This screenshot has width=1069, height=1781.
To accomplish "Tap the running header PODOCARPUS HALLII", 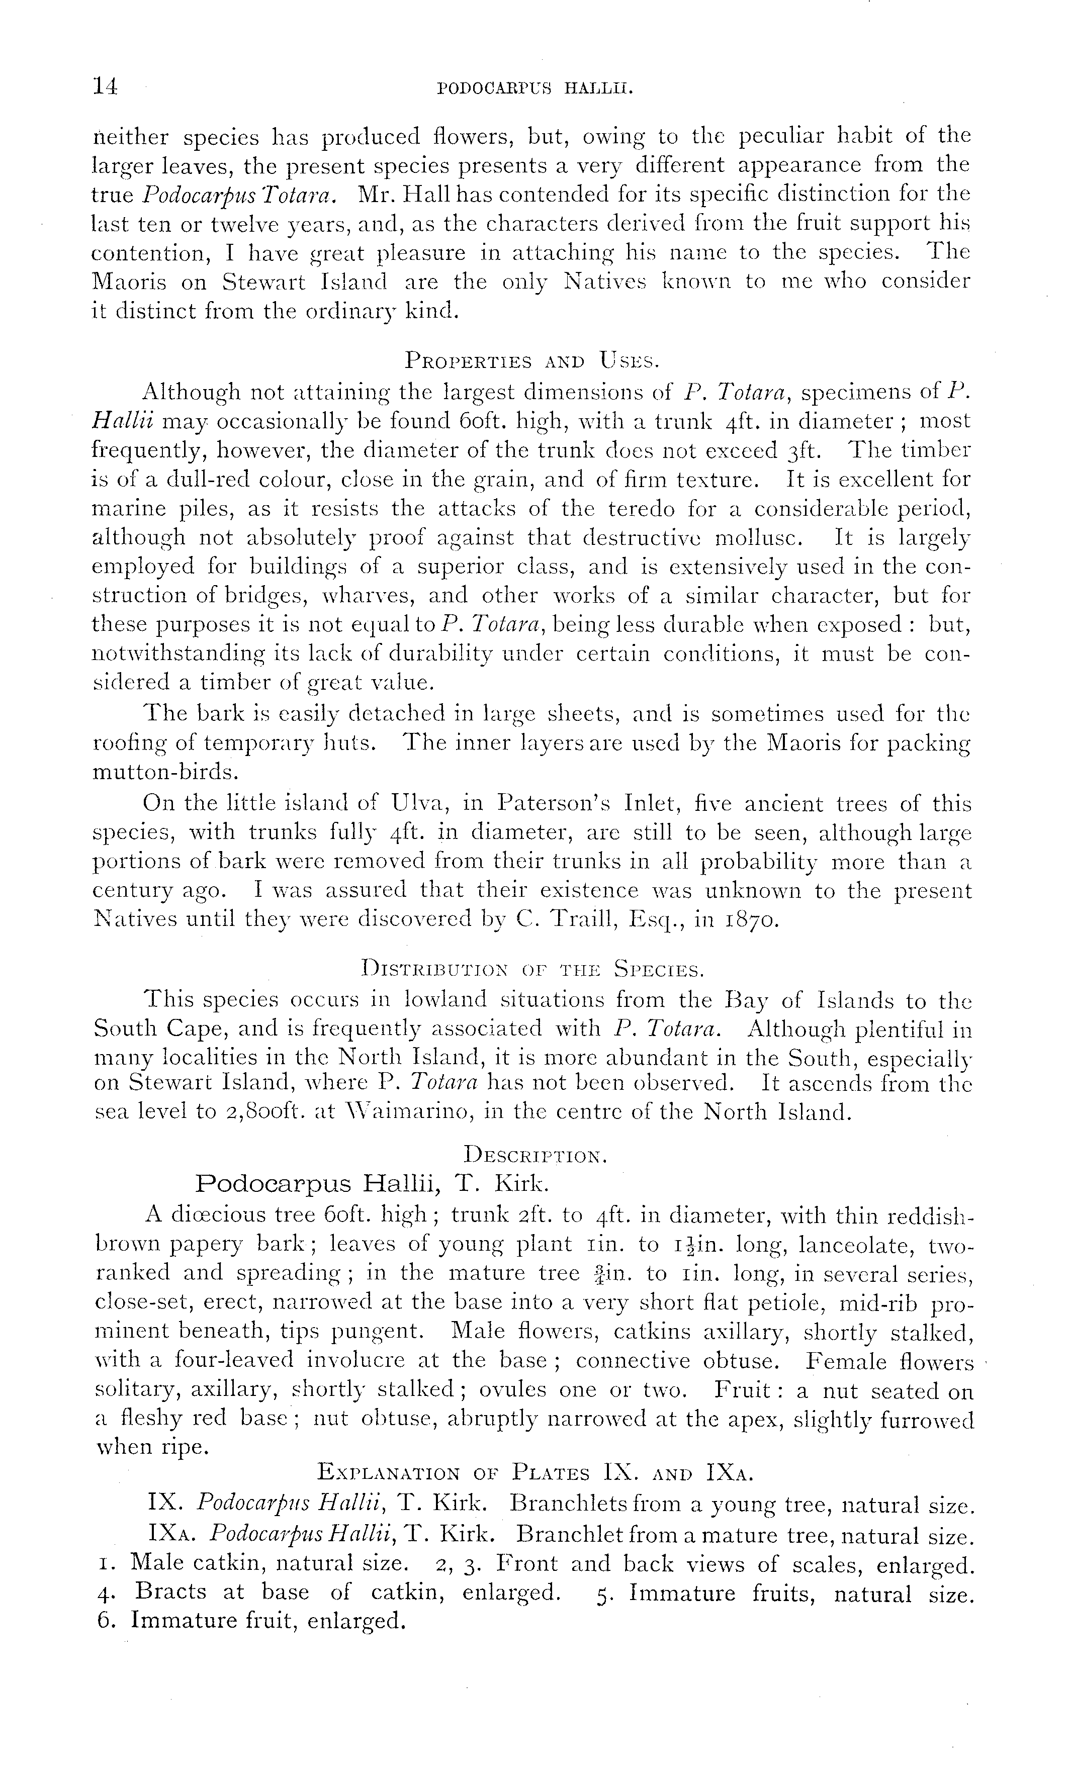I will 534,89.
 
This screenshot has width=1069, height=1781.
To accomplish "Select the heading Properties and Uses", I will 531,359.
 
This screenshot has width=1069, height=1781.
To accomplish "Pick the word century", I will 134,892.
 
